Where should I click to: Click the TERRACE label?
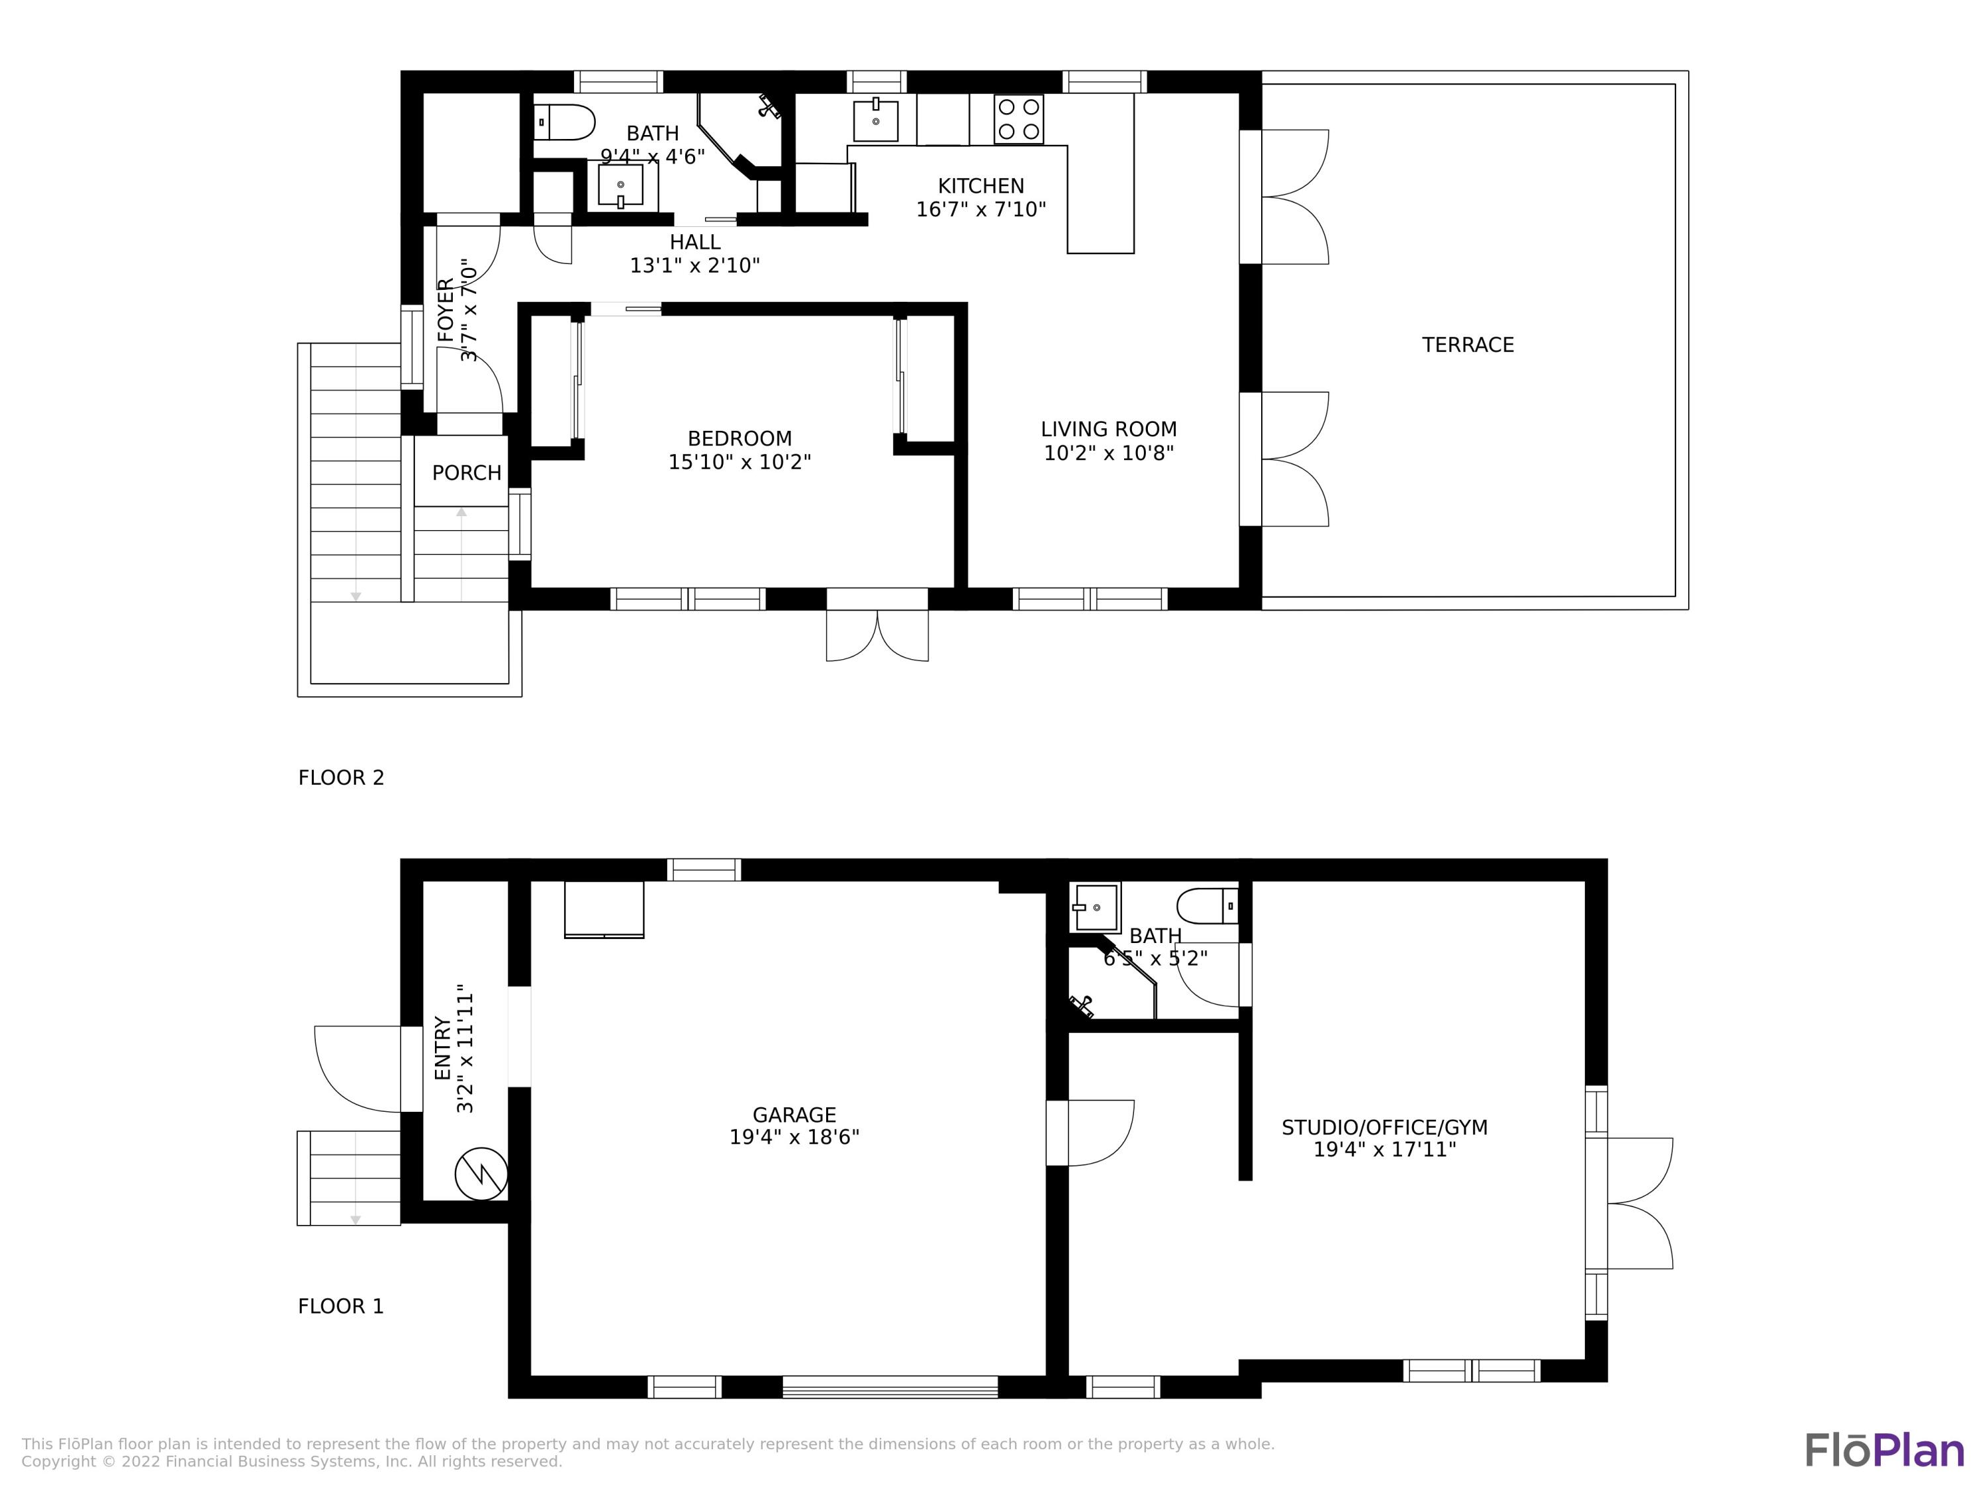click(1467, 345)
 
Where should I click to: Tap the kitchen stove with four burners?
click(1018, 118)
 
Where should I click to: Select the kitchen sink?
click(875, 120)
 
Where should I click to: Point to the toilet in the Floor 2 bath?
click(564, 122)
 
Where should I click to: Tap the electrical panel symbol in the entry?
click(481, 1173)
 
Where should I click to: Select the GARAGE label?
click(794, 1114)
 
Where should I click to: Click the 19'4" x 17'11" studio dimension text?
click(1384, 1150)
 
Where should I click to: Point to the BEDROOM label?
click(740, 439)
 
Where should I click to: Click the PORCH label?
click(466, 473)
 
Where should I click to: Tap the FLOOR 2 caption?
click(341, 778)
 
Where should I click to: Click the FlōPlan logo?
click(1885, 1451)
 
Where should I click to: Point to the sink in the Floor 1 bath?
click(1096, 907)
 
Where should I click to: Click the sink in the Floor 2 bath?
click(620, 184)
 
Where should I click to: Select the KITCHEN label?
click(980, 186)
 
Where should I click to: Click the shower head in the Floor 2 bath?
click(769, 107)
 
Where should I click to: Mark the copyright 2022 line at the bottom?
click(292, 1461)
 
